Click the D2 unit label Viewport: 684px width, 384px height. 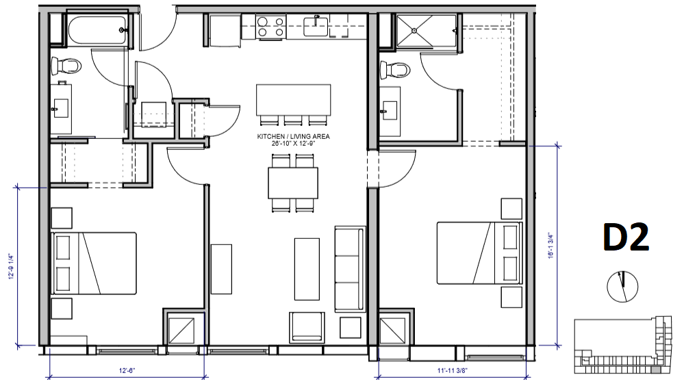(x=625, y=238)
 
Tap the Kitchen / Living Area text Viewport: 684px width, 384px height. (x=293, y=140)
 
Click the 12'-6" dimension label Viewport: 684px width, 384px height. (x=127, y=370)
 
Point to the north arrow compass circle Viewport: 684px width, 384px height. (x=622, y=285)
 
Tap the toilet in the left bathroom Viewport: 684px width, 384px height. (x=66, y=66)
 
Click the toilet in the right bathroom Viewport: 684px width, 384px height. (x=395, y=69)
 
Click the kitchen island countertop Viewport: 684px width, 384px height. (x=293, y=99)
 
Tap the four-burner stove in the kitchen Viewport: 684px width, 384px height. (x=272, y=27)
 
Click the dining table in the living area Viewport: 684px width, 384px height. (x=293, y=183)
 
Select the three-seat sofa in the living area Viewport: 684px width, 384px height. (x=348, y=268)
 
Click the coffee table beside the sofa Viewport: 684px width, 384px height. (x=307, y=268)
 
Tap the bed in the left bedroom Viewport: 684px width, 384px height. (x=94, y=264)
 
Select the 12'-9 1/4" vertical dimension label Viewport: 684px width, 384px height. (x=12, y=266)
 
